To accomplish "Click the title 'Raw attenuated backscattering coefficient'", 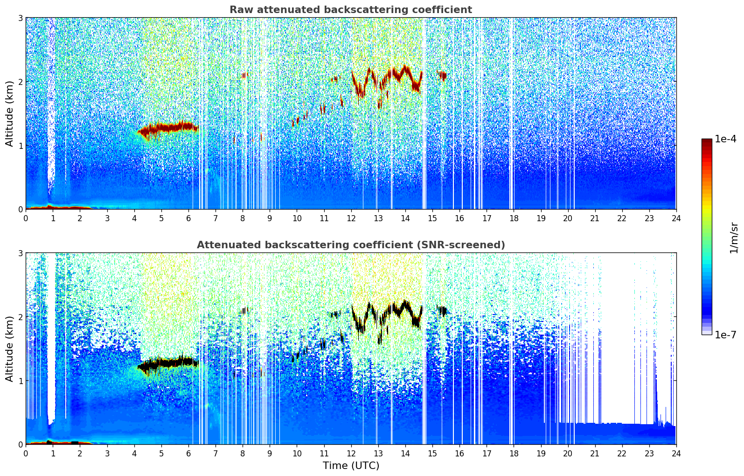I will coord(350,10).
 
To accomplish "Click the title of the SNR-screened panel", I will coord(350,245).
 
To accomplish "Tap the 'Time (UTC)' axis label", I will coord(351,465).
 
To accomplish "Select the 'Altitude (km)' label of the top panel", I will coord(10,113).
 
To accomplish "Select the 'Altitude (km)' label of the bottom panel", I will coord(10,349).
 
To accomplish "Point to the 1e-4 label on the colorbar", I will coord(725,139).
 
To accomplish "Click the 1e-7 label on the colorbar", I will coord(725,335).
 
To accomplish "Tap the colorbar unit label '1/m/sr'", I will coord(734,237).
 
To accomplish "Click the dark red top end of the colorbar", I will coord(707,141).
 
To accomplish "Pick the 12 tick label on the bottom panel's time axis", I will coord(351,453).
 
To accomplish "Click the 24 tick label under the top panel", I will coord(676,218).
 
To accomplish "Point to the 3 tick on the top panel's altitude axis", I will coord(20,18).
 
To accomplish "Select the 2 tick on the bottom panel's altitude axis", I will coord(20,317).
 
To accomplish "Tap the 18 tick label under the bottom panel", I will coord(514,453).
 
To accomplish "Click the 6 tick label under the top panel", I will coord(188,218).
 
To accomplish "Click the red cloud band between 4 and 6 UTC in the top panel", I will coord(168,128).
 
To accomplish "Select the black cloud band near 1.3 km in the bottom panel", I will coord(168,364).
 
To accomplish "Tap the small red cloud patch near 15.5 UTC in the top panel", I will coord(442,75).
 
